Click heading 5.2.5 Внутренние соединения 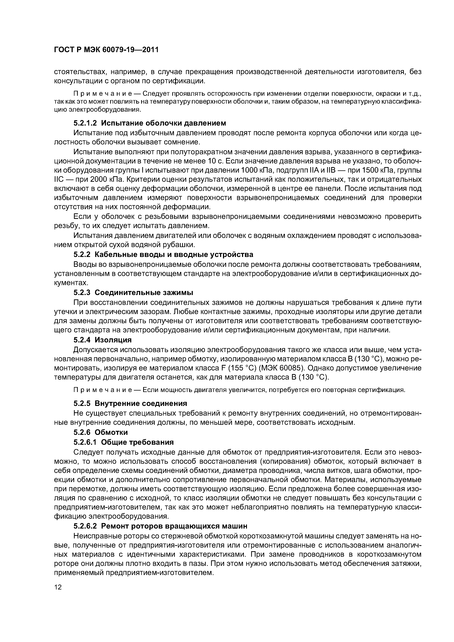(130, 404)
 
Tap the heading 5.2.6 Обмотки (101, 432)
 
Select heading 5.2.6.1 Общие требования (123, 442)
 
